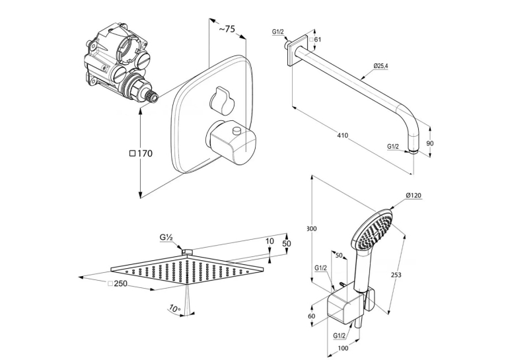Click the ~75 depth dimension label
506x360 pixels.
pos(227,28)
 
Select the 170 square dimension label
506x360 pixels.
pos(141,153)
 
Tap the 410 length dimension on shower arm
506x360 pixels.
pos(342,135)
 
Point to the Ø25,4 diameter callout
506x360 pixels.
pos(380,66)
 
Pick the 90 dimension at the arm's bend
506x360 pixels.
pos(430,143)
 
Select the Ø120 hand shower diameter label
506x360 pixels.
pos(414,195)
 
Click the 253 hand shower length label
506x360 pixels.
pos(396,275)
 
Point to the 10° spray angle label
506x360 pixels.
pos(174,308)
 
